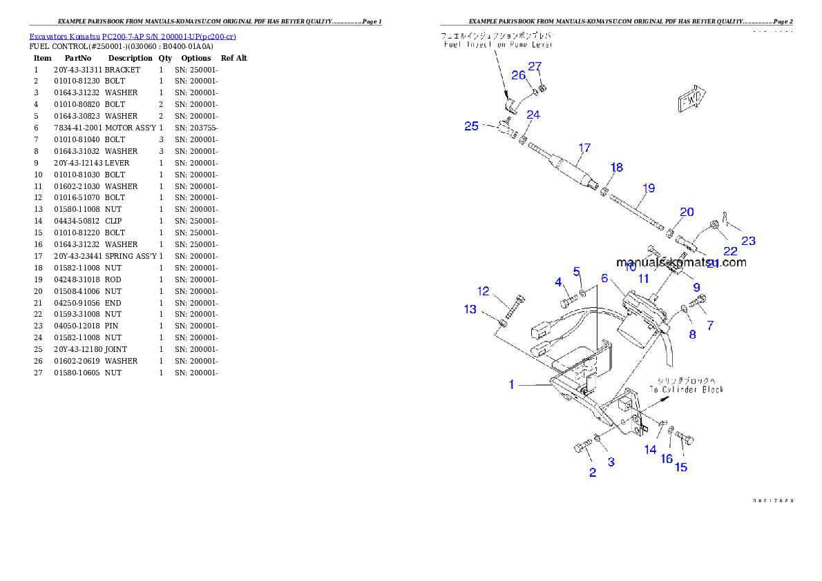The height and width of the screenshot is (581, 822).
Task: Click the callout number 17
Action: tap(584, 148)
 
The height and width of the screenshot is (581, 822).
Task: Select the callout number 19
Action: tap(648, 188)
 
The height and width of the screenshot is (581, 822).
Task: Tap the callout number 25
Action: tap(471, 126)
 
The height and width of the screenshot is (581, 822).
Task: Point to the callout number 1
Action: tap(511, 384)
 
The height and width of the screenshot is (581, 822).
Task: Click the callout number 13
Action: tap(470, 309)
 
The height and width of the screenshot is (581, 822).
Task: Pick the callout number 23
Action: tap(748, 241)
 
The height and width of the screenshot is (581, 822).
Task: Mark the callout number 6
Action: tap(604, 278)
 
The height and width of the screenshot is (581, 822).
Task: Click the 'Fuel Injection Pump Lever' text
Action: tap(498, 44)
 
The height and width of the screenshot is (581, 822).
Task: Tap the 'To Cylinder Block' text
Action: tap(686, 390)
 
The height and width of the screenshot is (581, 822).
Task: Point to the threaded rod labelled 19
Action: tap(636, 213)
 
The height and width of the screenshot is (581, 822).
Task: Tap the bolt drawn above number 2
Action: tap(583, 446)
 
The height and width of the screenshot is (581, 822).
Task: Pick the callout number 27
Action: tap(535, 66)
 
